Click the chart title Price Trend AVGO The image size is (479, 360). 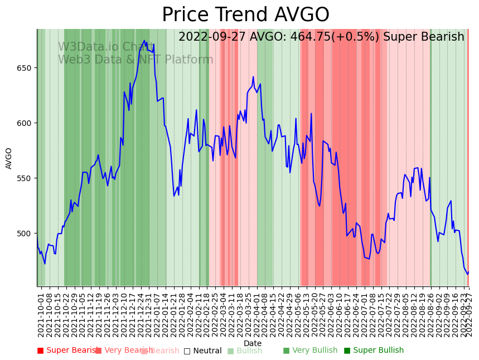[x=245, y=15]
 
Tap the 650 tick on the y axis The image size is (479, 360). [x=26, y=68]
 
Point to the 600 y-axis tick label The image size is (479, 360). [x=26, y=123]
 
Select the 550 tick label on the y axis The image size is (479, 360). [x=26, y=178]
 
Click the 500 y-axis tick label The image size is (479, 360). [x=26, y=233]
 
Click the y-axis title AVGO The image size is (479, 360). [x=9, y=158]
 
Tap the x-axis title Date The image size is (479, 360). [x=253, y=343]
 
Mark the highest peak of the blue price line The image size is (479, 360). [x=144, y=41]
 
